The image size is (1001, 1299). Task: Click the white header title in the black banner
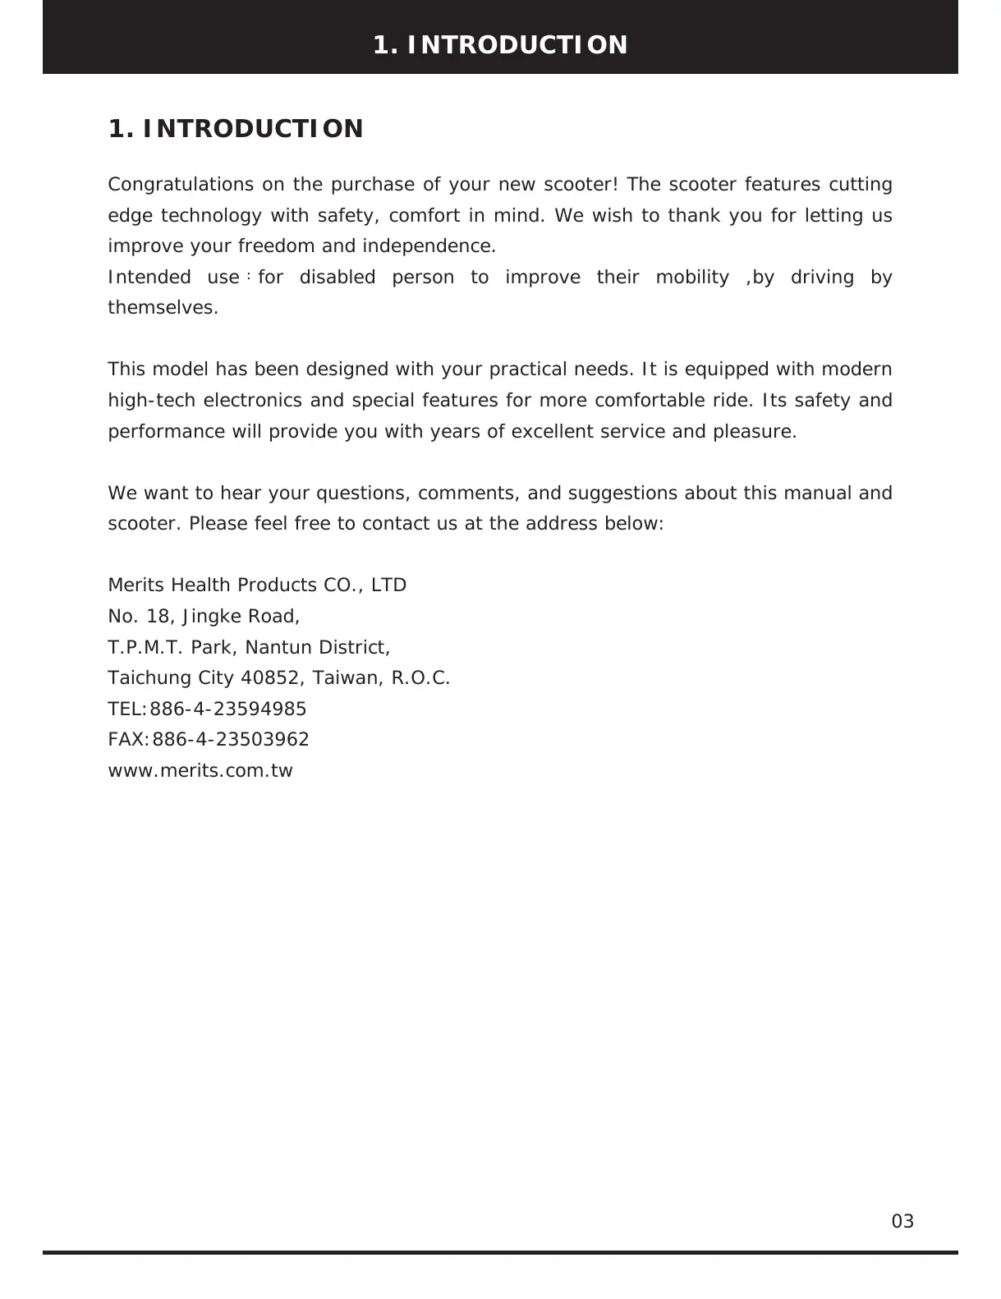tap(500, 44)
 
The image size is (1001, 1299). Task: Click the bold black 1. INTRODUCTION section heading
tap(236, 129)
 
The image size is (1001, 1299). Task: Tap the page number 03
tap(902, 1221)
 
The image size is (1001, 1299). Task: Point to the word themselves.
tap(163, 309)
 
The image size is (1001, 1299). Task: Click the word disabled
tap(337, 278)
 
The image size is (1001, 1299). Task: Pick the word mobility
tap(691, 278)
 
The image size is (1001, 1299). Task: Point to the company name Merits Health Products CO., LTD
tap(257, 585)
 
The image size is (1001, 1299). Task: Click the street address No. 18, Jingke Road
tap(204, 617)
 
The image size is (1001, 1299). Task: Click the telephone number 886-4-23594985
tap(228, 709)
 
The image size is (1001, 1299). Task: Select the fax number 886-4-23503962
tap(231, 740)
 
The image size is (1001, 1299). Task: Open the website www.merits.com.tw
tap(200, 771)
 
